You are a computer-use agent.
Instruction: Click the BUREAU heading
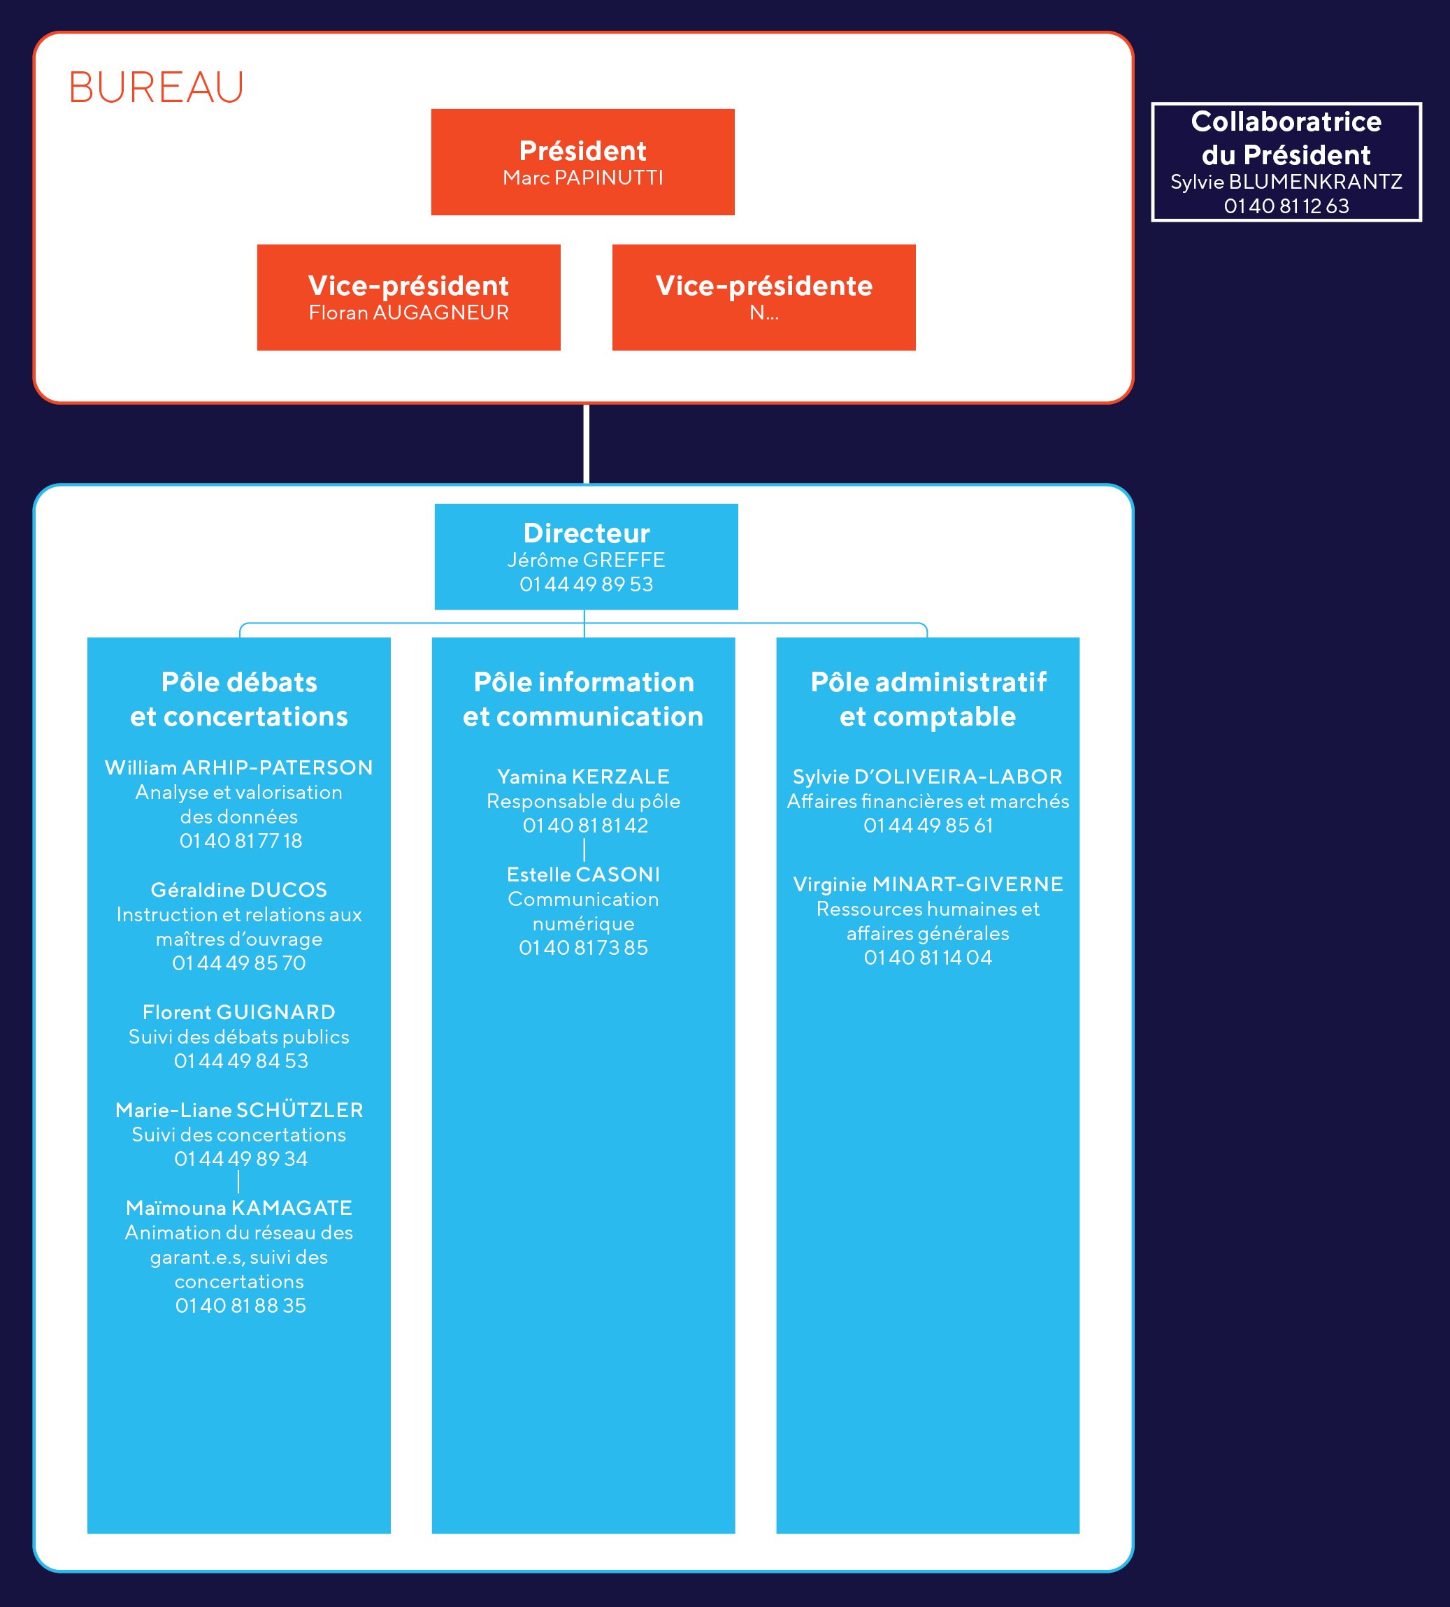[156, 87]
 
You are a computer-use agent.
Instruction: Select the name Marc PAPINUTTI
[582, 178]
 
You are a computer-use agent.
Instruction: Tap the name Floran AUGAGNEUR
[409, 312]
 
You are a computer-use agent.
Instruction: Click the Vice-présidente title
[764, 285]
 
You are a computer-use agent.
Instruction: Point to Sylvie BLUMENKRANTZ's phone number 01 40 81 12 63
[1286, 206]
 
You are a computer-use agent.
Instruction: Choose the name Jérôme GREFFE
[587, 560]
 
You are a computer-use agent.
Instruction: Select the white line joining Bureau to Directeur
[587, 444]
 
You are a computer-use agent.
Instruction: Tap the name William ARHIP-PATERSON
[239, 768]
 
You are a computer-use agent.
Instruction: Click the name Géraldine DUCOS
[239, 889]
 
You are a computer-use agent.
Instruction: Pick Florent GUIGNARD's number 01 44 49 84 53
[241, 1061]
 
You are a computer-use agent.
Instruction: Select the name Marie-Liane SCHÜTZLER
[239, 1110]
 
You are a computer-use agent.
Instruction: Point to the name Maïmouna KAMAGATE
[239, 1208]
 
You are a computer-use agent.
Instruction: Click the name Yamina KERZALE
[583, 777]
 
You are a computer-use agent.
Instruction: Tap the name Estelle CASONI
[583, 875]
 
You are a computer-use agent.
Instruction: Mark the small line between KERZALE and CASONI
[584, 849]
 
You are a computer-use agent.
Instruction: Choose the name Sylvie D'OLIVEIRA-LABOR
[927, 777]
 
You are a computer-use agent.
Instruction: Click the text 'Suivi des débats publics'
[239, 1037]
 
